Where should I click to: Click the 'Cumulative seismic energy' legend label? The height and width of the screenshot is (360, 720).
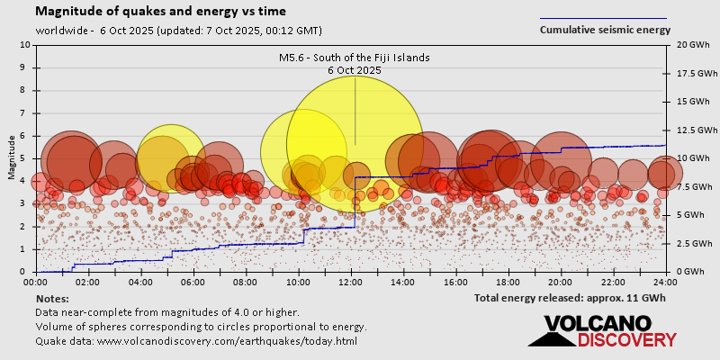pos(605,30)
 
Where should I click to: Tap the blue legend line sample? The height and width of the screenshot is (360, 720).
pos(603,18)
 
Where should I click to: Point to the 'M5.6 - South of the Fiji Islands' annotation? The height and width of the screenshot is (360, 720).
pos(354,58)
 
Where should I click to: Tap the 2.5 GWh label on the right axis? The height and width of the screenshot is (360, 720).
pos(693,243)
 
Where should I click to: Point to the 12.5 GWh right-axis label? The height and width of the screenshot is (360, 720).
pos(695,130)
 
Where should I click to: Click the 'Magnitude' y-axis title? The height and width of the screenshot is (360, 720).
pos(12,157)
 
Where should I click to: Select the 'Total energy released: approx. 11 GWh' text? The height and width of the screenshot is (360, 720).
pos(570,298)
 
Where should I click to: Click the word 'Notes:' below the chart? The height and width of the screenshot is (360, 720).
pos(52,298)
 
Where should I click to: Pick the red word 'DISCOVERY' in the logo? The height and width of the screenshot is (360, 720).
pos(626,340)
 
